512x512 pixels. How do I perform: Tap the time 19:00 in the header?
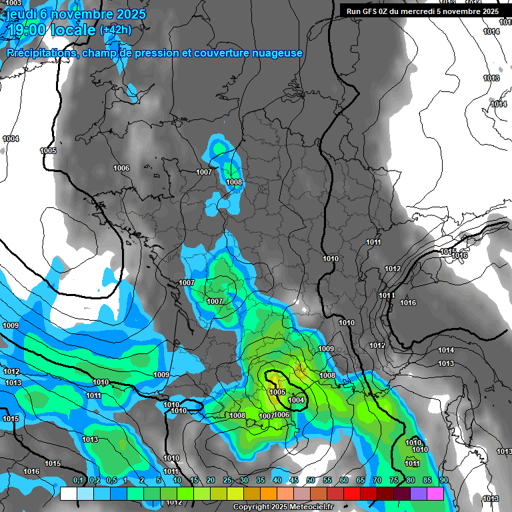[x=27, y=30]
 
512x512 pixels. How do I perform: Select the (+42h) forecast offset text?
[x=115, y=30]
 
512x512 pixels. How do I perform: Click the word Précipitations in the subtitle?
[x=39, y=53]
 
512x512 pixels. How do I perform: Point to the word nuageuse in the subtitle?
[x=276, y=53]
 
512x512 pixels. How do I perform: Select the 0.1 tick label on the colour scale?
[x=78, y=481]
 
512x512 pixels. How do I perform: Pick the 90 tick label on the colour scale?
[x=443, y=481]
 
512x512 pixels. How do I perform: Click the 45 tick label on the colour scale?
[x=294, y=481]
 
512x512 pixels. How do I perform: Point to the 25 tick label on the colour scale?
[x=227, y=481]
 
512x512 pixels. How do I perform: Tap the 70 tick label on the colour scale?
[x=377, y=481]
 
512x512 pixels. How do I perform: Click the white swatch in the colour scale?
[x=69, y=493]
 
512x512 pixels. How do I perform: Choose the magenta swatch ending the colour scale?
[x=435, y=493]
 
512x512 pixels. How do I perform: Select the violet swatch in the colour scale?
[x=419, y=493]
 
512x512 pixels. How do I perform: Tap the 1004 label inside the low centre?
[x=296, y=400]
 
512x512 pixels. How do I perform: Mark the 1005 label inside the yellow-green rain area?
[x=277, y=392]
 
